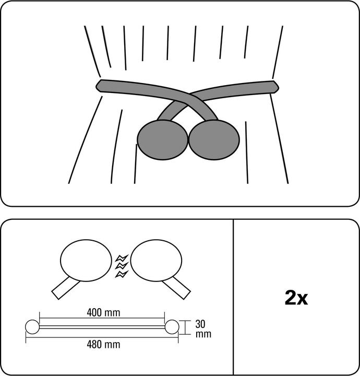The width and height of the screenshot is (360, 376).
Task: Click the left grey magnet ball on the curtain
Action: click(x=162, y=140)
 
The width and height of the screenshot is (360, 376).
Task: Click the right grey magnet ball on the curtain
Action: click(x=214, y=140)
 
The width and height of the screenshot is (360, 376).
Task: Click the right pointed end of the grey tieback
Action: click(x=279, y=87)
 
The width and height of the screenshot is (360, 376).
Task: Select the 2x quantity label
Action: click(x=296, y=298)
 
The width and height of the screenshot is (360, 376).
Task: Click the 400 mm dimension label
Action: click(x=103, y=313)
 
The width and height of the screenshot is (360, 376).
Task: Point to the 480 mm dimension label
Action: click(x=103, y=345)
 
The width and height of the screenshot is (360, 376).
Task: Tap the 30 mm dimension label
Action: click(x=203, y=329)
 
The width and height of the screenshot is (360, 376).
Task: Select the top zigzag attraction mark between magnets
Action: click(x=122, y=258)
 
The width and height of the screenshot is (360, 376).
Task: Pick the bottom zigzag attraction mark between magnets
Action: click(x=122, y=274)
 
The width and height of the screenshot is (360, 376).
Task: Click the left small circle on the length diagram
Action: click(x=32, y=327)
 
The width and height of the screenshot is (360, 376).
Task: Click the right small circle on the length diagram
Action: click(x=172, y=327)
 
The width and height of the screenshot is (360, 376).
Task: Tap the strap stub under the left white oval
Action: click(x=65, y=288)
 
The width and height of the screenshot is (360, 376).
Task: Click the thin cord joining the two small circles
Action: click(x=102, y=327)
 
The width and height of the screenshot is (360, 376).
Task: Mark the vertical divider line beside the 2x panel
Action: click(x=233, y=297)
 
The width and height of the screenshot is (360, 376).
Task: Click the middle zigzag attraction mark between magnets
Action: click(x=122, y=266)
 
